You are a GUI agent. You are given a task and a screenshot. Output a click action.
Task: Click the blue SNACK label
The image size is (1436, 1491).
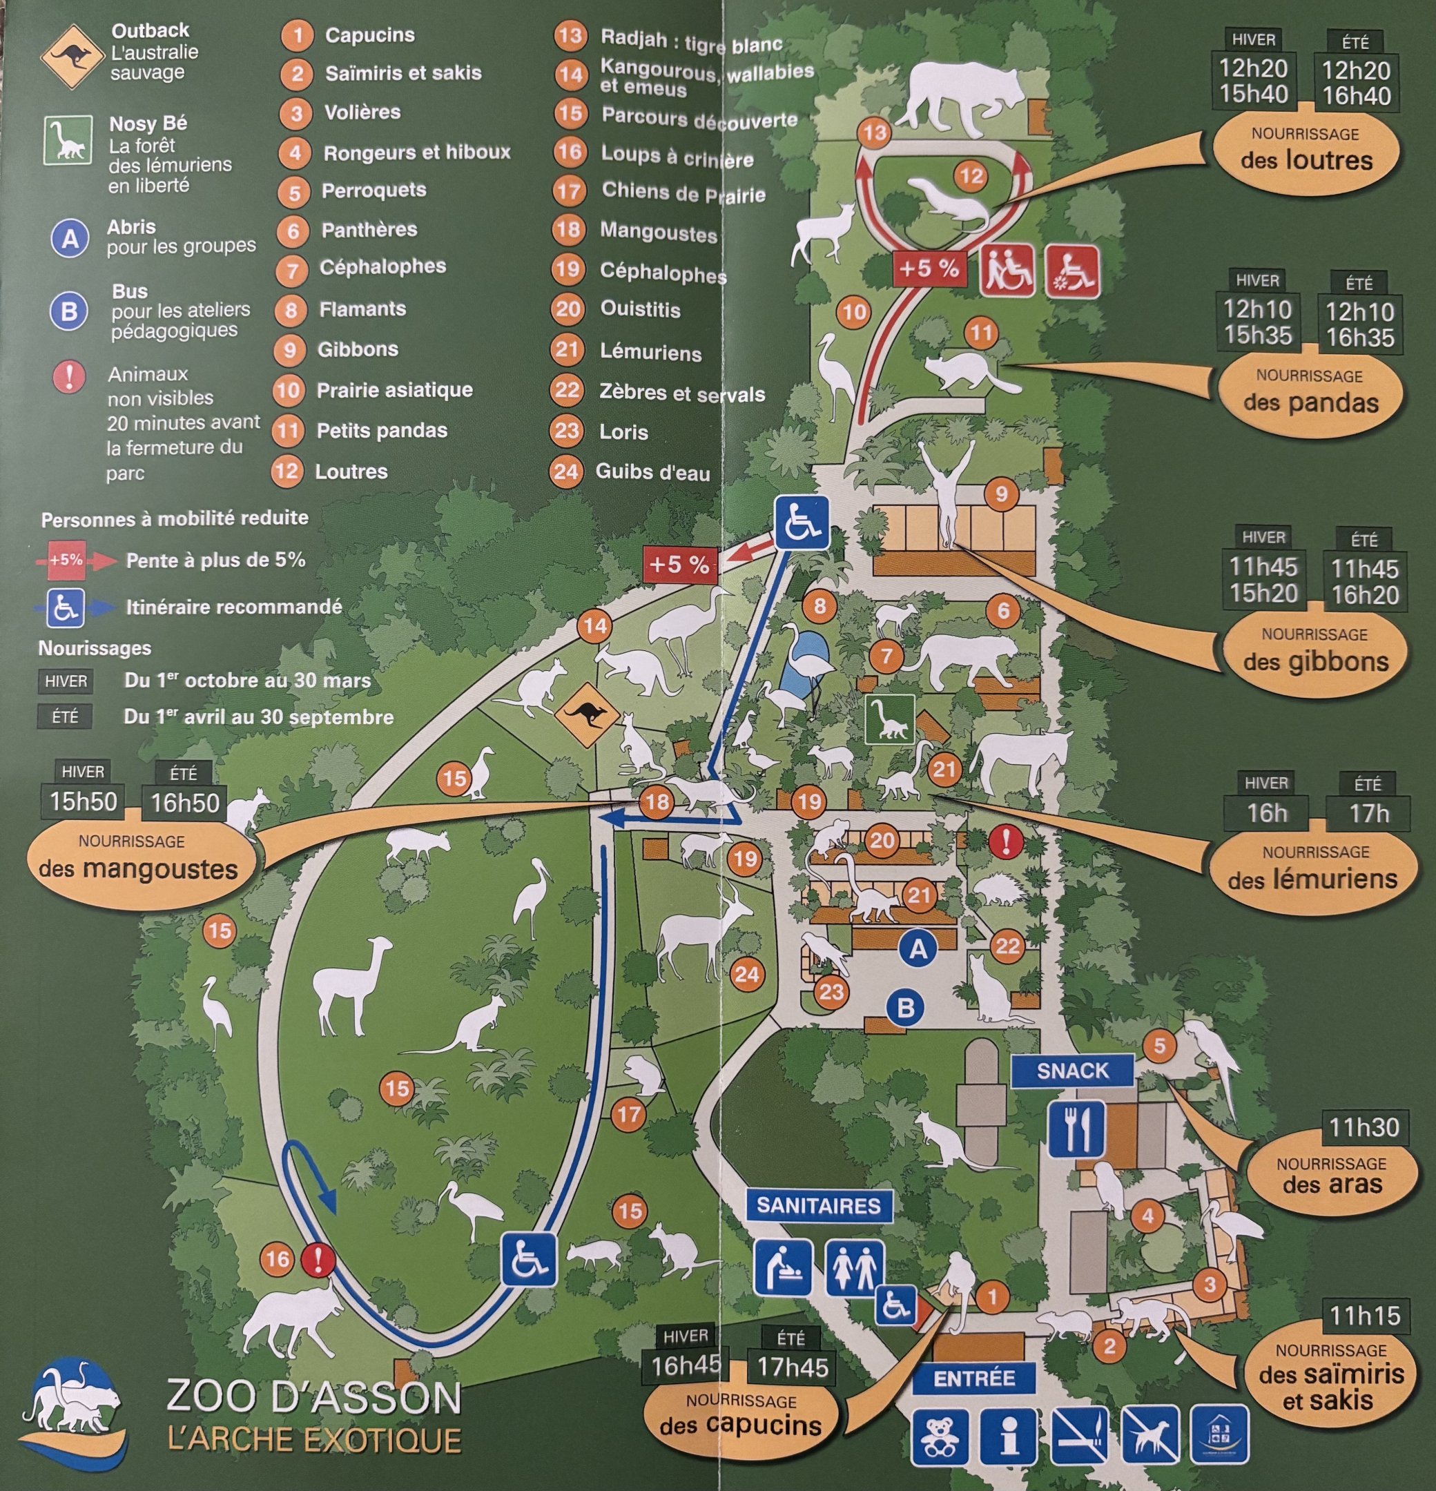pyautogui.click(x=1072, y=1071)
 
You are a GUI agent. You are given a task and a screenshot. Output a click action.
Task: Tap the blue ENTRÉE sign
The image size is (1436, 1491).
pyautogui.click(x=974, y=1379)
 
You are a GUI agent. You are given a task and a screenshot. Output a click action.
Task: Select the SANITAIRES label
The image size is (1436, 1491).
pyautogui.click(x=818, y=1206)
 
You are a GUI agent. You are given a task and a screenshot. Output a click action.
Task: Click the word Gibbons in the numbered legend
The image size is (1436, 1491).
pyautogui.click(x=358, y=349)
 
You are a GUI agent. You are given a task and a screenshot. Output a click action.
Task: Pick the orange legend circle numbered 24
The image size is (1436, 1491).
pyautogui.click(x=566, y=471)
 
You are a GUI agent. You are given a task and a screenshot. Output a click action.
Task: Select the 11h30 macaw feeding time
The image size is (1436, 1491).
pyautogui.click(x=1364, y=1127)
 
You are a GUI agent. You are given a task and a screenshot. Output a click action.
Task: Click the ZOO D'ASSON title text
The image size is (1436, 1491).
pyautogui.click(x=313, y=1396)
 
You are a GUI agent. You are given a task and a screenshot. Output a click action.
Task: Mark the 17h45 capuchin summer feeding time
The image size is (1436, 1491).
pyautogui.click(x=791, y=1367)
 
